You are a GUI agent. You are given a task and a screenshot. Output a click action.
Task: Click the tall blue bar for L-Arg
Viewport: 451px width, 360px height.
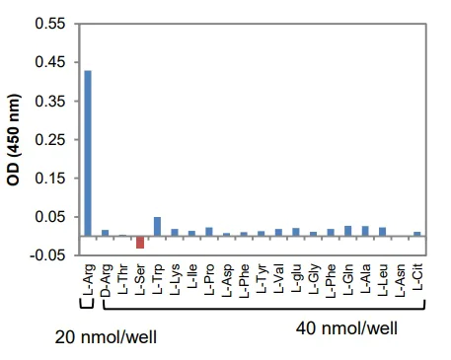click(x=88, y=153)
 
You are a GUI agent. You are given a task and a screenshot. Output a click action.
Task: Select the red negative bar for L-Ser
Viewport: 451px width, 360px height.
click(x=140, y=242)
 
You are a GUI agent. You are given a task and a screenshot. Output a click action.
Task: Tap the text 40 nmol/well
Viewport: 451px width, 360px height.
click(x=346, y=326)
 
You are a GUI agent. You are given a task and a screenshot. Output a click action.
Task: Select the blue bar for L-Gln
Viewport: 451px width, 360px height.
click(x=347, y=231)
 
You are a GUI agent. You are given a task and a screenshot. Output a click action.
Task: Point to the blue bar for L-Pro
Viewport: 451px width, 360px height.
click(x=209, y=232)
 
